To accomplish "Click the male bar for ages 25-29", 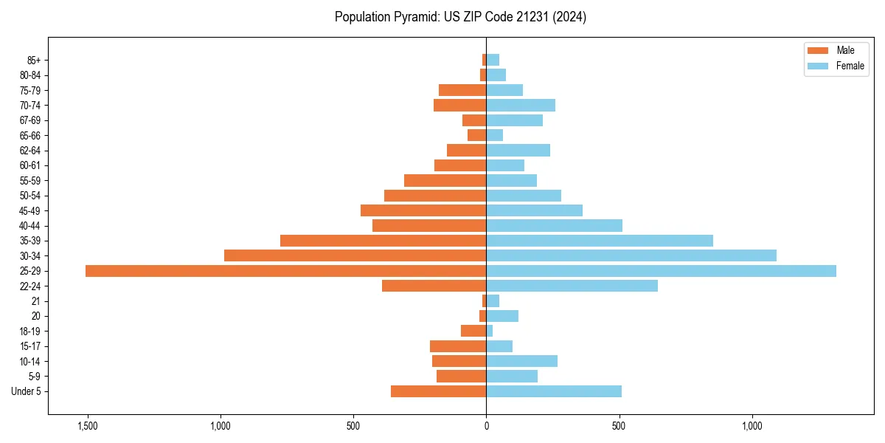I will coord(285,271).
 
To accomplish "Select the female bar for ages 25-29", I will coord(661,271).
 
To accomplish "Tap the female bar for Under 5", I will coord(554,391).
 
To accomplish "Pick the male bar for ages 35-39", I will coord(383,241).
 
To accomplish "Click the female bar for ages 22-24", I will coord(572,286).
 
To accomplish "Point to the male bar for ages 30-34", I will coord(355,255).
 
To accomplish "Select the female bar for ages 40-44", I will coord(554,226).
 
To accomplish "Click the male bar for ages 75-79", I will coord(462,90).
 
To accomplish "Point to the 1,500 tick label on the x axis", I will coord(87,426).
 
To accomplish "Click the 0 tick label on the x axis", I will coord(486,426).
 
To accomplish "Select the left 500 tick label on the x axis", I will coord(353,426).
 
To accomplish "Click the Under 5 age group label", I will coord(27,391).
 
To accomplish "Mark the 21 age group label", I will coord(35,301).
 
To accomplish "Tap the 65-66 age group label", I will coord(30,135).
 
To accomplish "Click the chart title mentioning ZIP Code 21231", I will coord(460,17).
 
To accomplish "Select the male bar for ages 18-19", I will coord(473,331).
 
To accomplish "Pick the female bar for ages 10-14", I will coord(521,361).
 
